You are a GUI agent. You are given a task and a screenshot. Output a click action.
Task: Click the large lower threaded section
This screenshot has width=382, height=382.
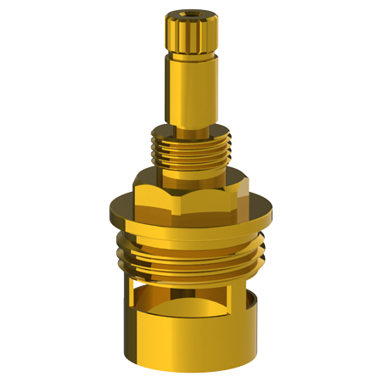(x=191, y=255)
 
